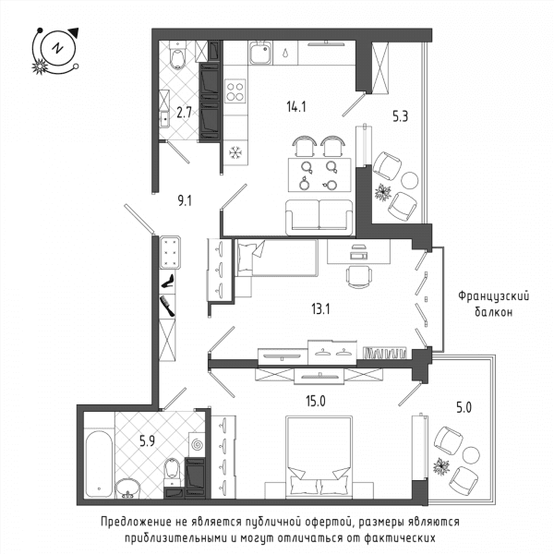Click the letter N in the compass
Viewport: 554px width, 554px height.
click(x=57, y=48)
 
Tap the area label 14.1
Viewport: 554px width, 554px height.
click(x=296, y=106)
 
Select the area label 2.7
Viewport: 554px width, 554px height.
click(x=184, y=113)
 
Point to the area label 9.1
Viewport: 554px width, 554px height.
click(x=185, y=201)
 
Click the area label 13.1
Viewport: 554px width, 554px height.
click(x=320, y=309)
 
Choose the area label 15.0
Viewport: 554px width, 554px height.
click(x=316, y=402)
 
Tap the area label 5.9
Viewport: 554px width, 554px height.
click(x=147, y=441)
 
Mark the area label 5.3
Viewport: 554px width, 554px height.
click(x=401, y=116)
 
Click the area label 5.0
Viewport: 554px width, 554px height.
click(x=464, y=408)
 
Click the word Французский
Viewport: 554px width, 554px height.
click(x=494, y=296)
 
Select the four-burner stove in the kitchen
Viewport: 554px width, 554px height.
click(x=235, y=91)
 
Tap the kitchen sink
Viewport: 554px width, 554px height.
click(x=260, y=53)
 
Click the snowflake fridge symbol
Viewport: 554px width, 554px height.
click(x=235, y=153)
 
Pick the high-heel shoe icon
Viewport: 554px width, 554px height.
click(x=167, y=282)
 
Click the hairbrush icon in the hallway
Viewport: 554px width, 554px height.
click(x=167, y=306)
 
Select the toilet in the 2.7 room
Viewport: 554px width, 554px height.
click(x=177, y=55)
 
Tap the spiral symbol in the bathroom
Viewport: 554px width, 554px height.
click(x=197, y=444)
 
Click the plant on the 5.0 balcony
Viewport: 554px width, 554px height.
click(x=441, y=467)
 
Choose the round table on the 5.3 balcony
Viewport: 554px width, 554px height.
click(x=410, y=180)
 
